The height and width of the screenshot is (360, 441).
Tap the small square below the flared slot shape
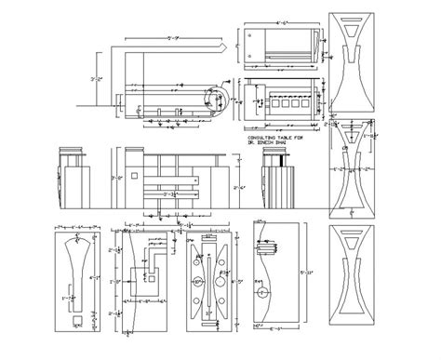pyautogui.click(x=77, y=319)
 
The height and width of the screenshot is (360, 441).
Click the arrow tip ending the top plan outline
pyautogui.click(x=226, y=45)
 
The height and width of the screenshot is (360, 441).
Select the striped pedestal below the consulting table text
pyautogui.click(x=274, y=181)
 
